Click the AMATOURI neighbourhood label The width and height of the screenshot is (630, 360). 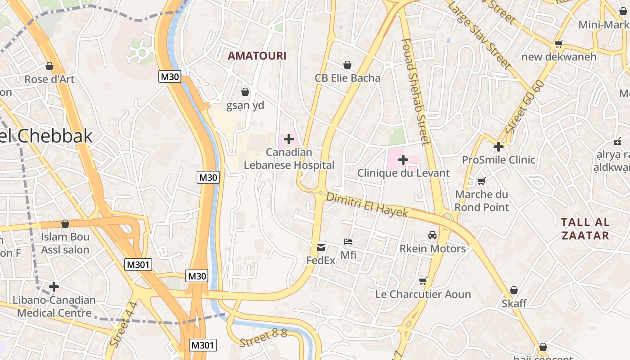point(256,56)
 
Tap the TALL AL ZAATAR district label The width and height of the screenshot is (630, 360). point(585,229)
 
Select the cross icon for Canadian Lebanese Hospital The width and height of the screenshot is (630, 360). point(289,139)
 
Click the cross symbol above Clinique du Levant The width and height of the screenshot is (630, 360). point(403,160)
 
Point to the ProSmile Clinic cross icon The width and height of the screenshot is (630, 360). point(499,147)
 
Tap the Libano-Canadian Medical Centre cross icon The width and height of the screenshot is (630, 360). point(54,287)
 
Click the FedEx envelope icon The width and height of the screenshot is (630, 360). point(321,247)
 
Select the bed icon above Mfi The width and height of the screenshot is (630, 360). point(348,242)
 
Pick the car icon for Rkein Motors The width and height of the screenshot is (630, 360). point(432,235)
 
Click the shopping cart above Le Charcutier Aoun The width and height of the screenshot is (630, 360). point(423,281)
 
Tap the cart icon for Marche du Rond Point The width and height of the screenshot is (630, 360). point(481,181)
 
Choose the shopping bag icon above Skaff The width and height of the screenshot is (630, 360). point(514,290)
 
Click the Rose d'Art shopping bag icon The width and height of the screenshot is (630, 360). point(49,66)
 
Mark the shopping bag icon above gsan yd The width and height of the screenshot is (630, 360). point(245,92)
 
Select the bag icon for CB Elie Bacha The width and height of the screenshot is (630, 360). point(347,65)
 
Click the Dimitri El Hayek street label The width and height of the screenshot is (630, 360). point(367,205)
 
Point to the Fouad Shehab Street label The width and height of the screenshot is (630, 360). point(415,92)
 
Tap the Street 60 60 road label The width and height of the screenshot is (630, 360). point(525,107)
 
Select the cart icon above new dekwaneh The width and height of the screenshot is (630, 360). point(559,44)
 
